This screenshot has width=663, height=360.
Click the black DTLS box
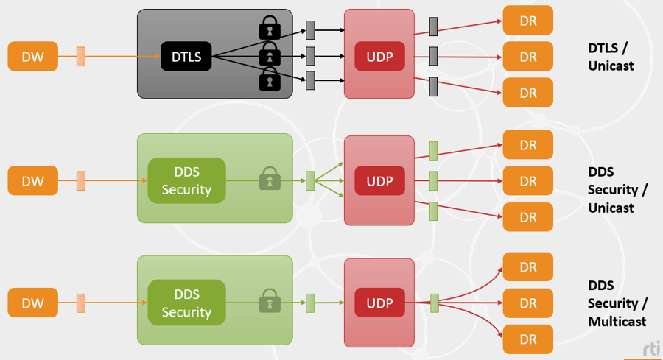pos(186,56)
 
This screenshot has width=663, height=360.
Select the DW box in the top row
pos(33,56)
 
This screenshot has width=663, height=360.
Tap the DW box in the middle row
pos(33,180)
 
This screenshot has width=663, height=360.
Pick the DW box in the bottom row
pos(33,303)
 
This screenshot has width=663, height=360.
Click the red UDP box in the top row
pos(379,56)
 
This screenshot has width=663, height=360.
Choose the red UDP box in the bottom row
pos(379,303)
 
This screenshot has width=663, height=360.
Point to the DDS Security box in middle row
pos(186,180)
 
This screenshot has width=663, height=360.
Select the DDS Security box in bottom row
pos(186,303)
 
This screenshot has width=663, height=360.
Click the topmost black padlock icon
pos(270,28)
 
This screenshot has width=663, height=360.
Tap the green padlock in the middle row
pos(270,179)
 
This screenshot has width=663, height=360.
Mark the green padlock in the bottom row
pos(270,301)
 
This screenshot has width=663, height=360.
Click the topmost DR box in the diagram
pos(527,21)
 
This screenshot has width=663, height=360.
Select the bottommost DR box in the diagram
pos(527,339)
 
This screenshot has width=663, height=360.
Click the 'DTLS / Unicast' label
pos(611,57)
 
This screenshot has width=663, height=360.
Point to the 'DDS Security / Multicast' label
pos(617,303)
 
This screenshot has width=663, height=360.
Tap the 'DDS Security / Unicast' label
pos(617,190)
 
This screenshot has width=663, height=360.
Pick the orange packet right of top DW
pos(81,56)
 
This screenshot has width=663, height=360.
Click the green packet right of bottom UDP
pos(435,303)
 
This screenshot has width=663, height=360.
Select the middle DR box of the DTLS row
pos(527,57)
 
